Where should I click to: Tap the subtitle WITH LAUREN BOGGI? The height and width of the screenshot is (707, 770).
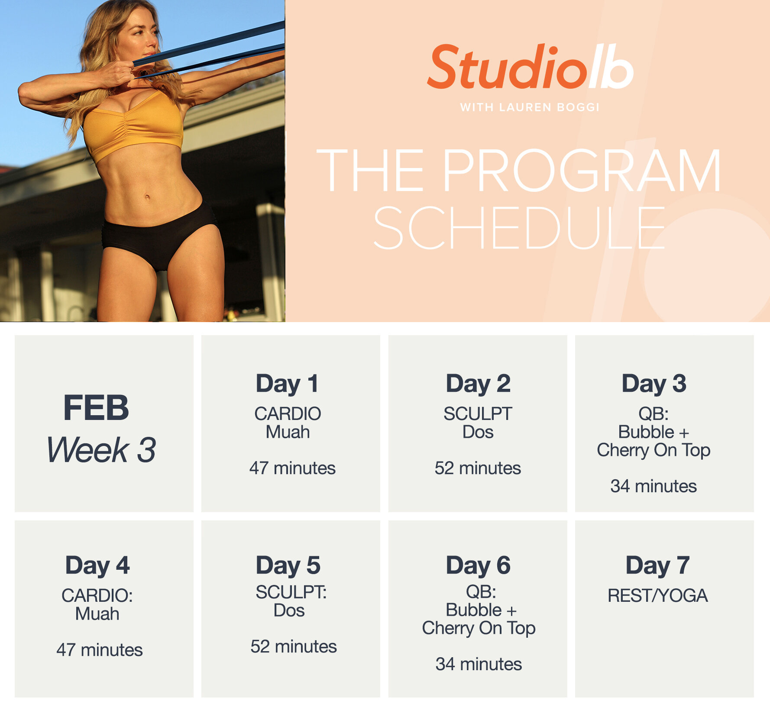(530, 107)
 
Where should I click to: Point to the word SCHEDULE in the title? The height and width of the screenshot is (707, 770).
(518, 228)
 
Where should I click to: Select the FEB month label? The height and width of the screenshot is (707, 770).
(96, 408)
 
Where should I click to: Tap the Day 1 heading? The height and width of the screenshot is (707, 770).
(287, 384)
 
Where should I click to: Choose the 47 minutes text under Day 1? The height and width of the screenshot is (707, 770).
(292, 468)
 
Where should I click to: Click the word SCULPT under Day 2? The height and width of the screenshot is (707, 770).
(478, 414)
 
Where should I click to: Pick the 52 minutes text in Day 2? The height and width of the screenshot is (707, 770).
(478, 468)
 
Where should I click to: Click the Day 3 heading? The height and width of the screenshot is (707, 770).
(654, 384)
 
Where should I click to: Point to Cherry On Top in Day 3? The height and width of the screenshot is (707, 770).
(654, 450)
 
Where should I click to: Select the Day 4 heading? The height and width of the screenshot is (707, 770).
(97, 565)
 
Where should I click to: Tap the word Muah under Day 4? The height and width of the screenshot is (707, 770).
(97, 614)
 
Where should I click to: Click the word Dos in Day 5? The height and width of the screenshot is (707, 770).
(289, 610)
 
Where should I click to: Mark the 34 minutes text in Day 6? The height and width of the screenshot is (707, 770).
(479, 664)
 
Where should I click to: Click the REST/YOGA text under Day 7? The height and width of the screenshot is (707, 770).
(657, 596)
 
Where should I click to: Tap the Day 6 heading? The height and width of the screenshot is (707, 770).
(478, 565)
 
